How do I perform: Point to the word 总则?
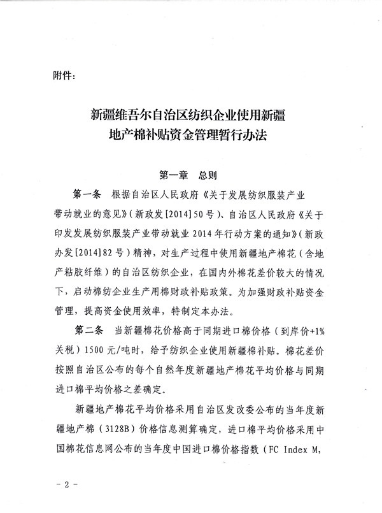pyautogui.click(x=209, y=174)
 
